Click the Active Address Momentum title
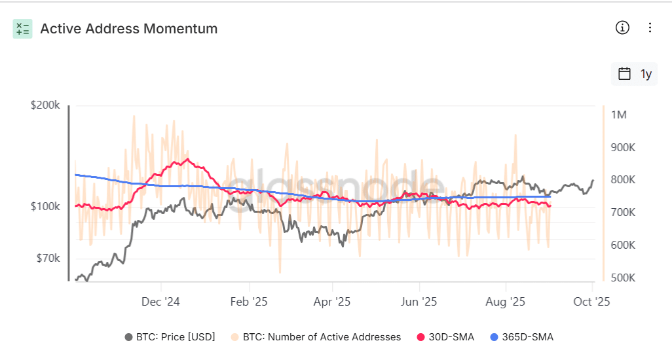tap(129, 29)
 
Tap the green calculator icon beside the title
tap(22, 29)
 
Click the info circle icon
tap(622, 27)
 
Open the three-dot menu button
tap(650, 27)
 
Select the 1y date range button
tap(635, 74)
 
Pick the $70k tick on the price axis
tap(48, 259)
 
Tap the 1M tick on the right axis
tap(619, 115)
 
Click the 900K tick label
tap(623, 147)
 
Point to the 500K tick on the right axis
tap(623, 278)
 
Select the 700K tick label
tap(623, 213)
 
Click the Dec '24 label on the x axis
tap(160, 302)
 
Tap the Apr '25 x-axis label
tap(332, 302)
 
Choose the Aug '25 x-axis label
tap(505, 302)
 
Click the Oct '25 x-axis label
tap(591, 302)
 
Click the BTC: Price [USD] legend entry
tap(170, 337)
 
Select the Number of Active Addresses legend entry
tap(315, 337)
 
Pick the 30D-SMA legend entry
tap(445, 337)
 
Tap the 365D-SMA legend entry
tap(521, 337)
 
